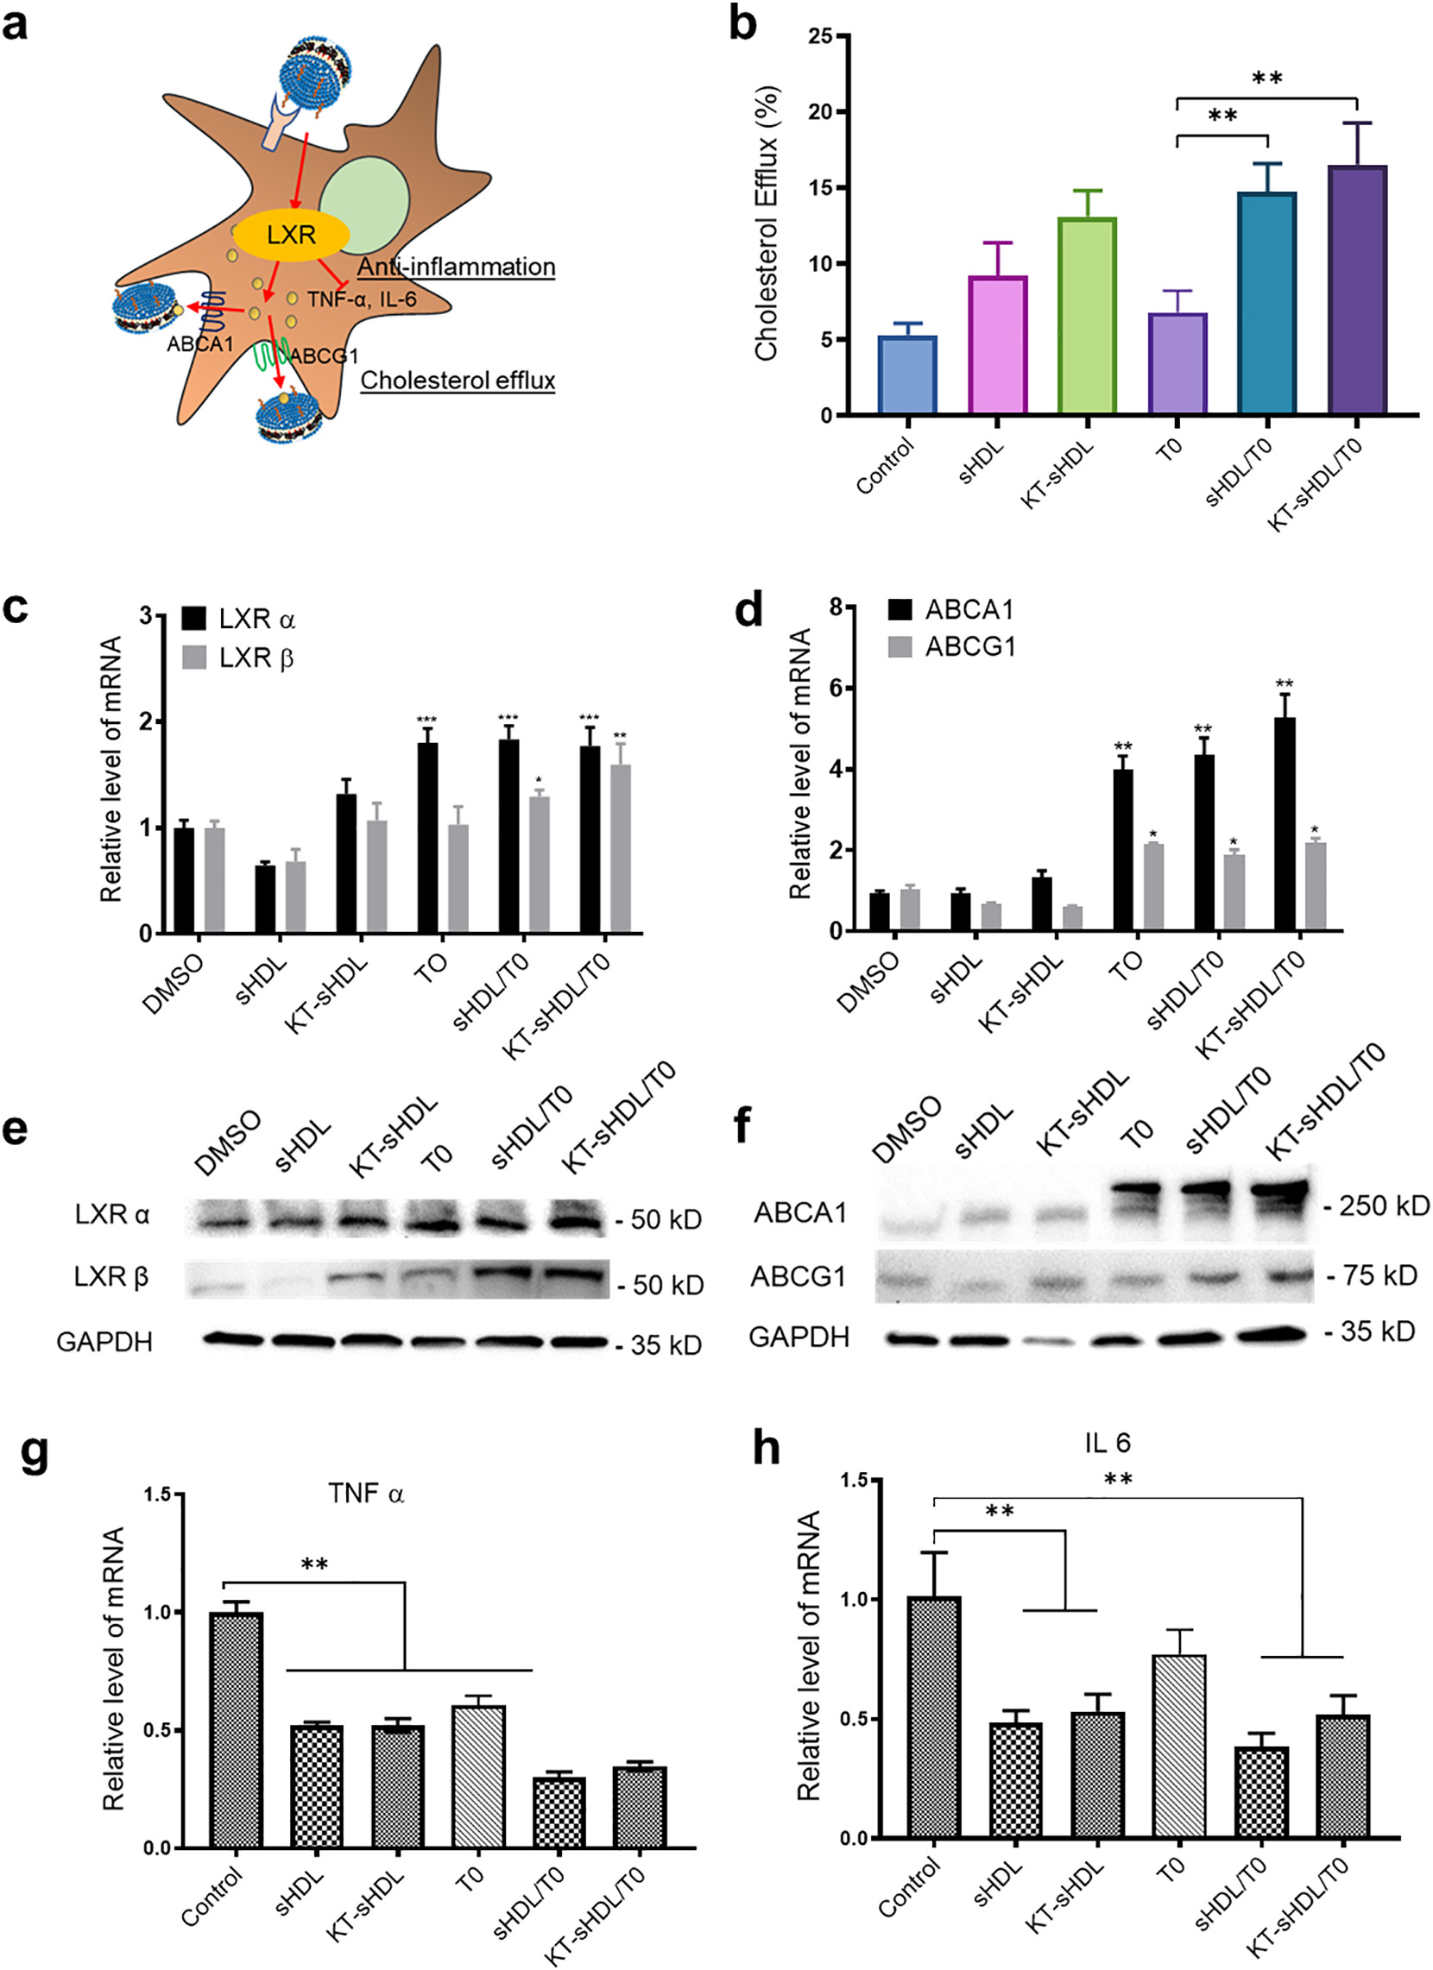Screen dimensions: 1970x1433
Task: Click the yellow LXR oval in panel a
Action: (x=291, y=235)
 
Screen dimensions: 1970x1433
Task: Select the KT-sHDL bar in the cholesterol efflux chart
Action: (x=1087, y=316)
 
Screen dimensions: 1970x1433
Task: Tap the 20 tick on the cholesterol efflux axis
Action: (x=820, y=112)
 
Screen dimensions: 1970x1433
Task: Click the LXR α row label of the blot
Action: (x=112, y=1214)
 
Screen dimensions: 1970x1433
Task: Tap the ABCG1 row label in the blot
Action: (x=798, y=1277)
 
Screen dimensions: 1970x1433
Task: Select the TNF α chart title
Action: (x=366, y=1494)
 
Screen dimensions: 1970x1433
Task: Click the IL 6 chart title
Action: (x=1107, y=1444)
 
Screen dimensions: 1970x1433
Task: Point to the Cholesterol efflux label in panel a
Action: (x=458, y=381)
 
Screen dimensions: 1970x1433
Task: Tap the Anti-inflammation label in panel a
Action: (x=457, y=267)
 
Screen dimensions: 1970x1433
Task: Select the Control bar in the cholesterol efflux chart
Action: (x=907, y=375)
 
